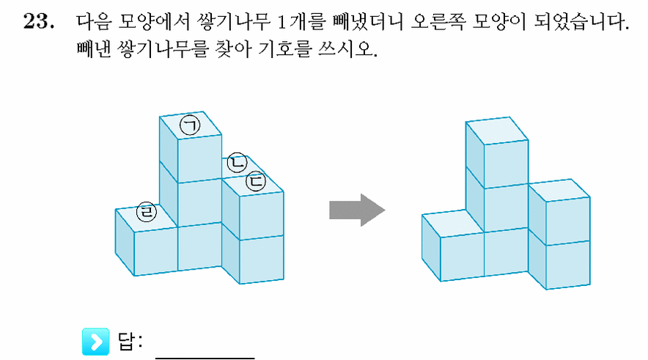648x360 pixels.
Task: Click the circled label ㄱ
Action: [190, 125]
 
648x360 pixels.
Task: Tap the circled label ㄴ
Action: [238, 162]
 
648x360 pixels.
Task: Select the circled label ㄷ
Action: [256, 181]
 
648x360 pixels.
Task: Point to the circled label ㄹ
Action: [147, 212]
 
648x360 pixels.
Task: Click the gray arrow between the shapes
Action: [357, 210]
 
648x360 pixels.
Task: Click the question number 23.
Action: [38, 21]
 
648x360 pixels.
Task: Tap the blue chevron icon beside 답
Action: [95, 342]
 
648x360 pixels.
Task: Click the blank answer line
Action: [205, 358]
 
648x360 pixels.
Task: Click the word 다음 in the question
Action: [94, 21]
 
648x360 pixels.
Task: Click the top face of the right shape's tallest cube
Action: [497, 131]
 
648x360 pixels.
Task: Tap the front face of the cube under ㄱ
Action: [199, 158]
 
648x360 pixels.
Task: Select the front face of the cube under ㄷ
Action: [262, 216]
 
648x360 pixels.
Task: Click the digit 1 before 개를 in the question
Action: [281, 22]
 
